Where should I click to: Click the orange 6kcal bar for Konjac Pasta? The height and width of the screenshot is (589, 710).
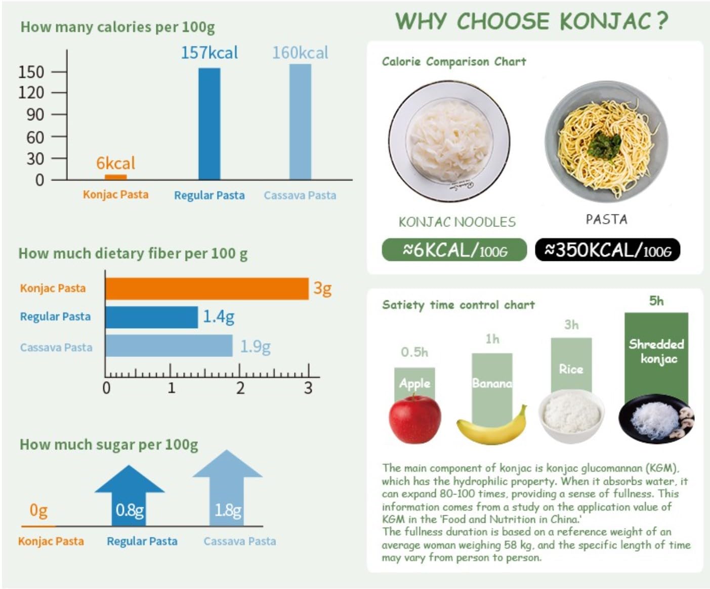(x=115, y=176)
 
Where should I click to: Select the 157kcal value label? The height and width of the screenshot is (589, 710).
(x=209, y=53)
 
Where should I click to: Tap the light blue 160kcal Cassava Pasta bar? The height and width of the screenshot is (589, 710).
(x=300, y=121)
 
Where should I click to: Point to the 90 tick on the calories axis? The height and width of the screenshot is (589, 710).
(x=35, y=115)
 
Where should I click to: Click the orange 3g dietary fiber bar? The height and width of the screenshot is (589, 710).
(x=206, y=289)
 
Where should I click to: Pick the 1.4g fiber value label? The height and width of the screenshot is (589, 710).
(x=219, y=317)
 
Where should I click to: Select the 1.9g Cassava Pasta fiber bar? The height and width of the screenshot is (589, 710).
(x=169, y=346)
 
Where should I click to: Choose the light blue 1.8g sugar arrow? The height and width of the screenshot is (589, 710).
(x=227, y=488)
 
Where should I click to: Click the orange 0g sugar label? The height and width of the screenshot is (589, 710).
(x=38, y=510)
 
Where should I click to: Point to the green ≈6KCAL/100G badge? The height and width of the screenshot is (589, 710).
(x=454, y=250)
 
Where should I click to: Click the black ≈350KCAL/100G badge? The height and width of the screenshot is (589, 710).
(x=607, y=250)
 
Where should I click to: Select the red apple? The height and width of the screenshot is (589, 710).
(x=414, y=419)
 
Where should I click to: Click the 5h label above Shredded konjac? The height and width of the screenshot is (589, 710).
(x=656, y=301)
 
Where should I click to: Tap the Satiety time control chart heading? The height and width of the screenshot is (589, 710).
(x=458, y=305)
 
